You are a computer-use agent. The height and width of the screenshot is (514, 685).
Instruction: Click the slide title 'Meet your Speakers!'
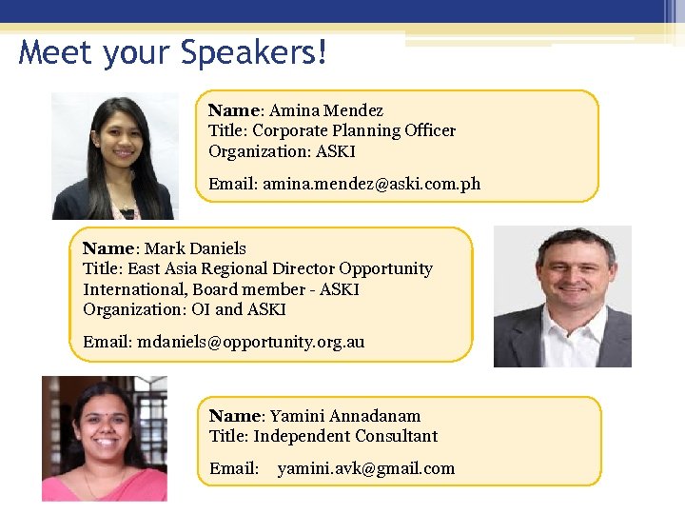click(x=173, y=52)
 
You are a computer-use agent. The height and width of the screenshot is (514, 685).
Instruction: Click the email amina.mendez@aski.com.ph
click(x=371, y=184)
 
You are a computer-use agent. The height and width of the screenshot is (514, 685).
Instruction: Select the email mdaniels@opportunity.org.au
click(x=250, y=342)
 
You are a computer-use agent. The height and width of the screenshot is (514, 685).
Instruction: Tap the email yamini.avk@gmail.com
click(x=365, y=468)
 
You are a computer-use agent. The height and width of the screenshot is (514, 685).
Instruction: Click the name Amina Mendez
click(x=325, y=110)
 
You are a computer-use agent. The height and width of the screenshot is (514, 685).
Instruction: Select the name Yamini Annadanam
click(x=344, y=416)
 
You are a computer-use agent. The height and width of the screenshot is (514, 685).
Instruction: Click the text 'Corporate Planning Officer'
click(x=353, y=130)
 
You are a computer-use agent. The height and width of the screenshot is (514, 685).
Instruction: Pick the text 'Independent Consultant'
click(x=345, y=436)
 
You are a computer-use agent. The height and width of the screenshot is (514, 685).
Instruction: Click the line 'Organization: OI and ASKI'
click(x=184, y=309)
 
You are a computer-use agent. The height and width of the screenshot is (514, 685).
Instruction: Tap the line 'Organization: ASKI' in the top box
click(x=282, y=151)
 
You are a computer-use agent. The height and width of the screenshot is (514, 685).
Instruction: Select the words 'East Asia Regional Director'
click(x=231, y=269)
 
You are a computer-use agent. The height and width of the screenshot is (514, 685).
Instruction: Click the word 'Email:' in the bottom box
click(x=234, y=468)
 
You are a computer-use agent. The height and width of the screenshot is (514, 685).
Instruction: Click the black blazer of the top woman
click(x=71, y=202)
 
